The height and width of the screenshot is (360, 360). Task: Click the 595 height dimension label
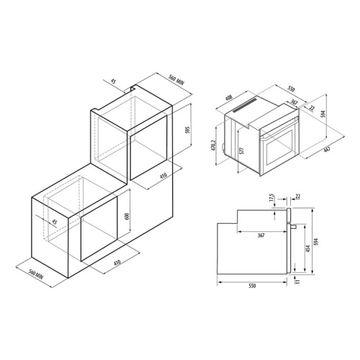point(188,130)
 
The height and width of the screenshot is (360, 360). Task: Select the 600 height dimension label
point(127,216)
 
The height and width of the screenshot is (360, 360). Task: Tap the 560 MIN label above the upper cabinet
point(176,80)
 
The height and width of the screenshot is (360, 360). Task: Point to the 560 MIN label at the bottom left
point(36,274)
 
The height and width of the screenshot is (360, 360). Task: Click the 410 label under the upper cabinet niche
point(163,176)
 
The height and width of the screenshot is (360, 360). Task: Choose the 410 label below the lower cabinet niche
point(117,263)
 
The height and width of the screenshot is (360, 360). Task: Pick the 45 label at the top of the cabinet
point(113,81)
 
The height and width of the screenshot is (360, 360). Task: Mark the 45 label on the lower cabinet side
point(55,222)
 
